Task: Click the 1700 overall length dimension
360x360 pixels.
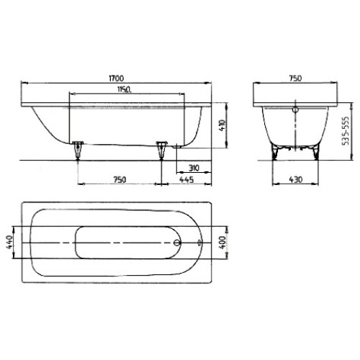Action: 117,78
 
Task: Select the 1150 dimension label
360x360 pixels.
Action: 125,89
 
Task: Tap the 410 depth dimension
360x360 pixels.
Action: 222,125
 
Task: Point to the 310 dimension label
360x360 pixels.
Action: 194,168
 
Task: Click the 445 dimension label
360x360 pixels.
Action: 186,179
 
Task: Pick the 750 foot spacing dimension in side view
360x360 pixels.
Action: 120,179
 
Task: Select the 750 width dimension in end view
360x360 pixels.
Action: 295,78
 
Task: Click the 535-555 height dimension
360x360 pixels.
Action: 346,131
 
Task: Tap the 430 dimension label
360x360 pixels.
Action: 296,179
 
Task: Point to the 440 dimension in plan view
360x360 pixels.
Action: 10,243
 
